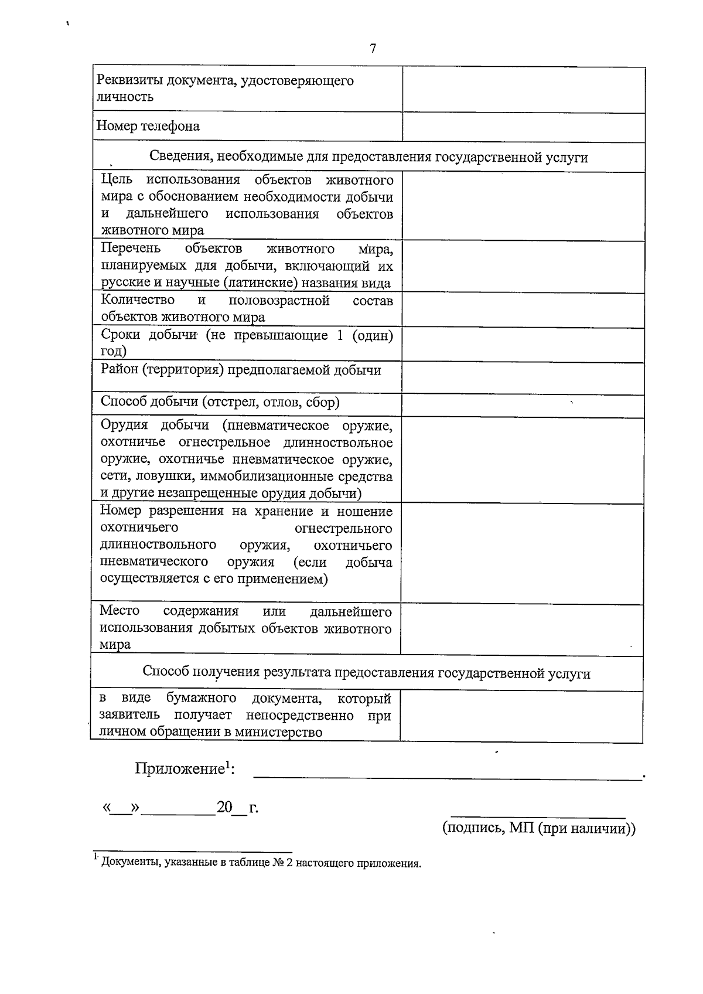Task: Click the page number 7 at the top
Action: tap(373, 49)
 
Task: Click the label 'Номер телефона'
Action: tap(148, 126)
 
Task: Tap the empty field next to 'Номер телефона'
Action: tap(523, 127)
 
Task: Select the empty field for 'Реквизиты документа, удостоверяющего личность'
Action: tap(523, 89)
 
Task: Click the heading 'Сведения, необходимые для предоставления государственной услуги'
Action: tap(368, 157)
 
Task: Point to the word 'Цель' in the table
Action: tap(117, 179)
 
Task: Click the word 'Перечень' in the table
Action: tap(131, 249)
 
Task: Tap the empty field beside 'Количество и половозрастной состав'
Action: tap(523, 309)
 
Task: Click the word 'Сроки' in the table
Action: tap(120, 335)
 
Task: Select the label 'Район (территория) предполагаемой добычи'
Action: tap(241, 370)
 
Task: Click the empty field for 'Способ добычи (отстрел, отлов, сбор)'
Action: tap(523, 404)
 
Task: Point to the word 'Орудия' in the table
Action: tap(124, 425)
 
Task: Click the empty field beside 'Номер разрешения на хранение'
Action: tap(523, 553)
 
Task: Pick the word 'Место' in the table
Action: tap(120, 611)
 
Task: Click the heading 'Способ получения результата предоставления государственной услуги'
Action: tap(366, 673)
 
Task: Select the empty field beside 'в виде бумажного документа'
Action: tap(521, 716)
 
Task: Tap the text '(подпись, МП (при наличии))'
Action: tap(538, 828)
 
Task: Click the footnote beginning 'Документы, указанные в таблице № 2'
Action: tap(261, 863)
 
